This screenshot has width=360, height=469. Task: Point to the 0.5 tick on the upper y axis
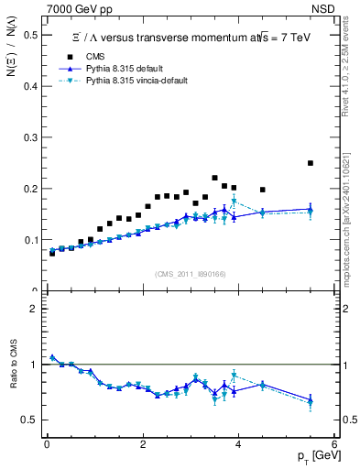33,35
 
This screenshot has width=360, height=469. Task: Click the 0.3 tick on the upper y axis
33,137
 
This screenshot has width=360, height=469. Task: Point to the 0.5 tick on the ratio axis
33,420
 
